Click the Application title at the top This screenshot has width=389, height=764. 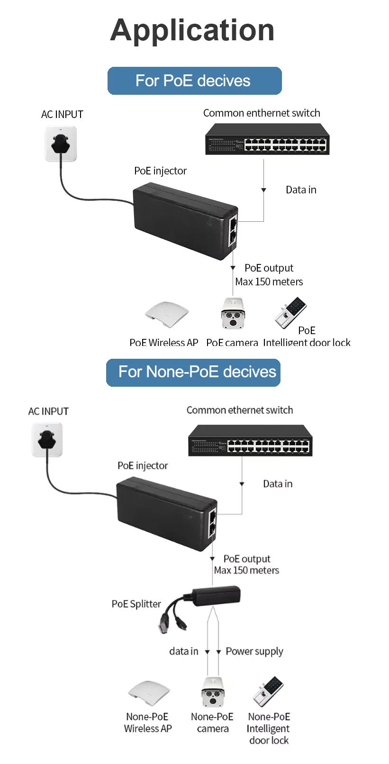coord(192,30)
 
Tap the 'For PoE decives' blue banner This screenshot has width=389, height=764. coord(194,81)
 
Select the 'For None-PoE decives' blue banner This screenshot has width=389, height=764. coord(193,373)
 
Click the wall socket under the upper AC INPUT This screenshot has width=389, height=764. coord(61,144)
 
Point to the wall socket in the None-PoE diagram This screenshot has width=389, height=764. coord(47,440)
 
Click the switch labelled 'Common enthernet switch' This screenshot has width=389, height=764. coord(267,139)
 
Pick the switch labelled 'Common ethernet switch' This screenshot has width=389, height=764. coord(250,441)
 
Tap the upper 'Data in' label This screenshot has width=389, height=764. coord(301,190)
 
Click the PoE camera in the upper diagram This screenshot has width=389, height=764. coord(233,313)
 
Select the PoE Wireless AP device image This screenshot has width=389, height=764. coord(167,313)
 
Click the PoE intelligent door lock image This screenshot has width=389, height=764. coord(290,313)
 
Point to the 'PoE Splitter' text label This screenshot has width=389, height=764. coord(136,604)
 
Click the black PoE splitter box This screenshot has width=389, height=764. coord(216,595)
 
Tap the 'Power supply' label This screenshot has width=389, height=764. coord(254,652)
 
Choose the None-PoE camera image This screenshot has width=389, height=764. coord(212,692)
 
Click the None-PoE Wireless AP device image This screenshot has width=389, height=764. coord(149,693)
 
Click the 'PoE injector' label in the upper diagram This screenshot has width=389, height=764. coord(160,171)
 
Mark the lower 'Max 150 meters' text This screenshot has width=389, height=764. coord(246,571)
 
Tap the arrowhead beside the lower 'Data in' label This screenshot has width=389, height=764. coord(242,484)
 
